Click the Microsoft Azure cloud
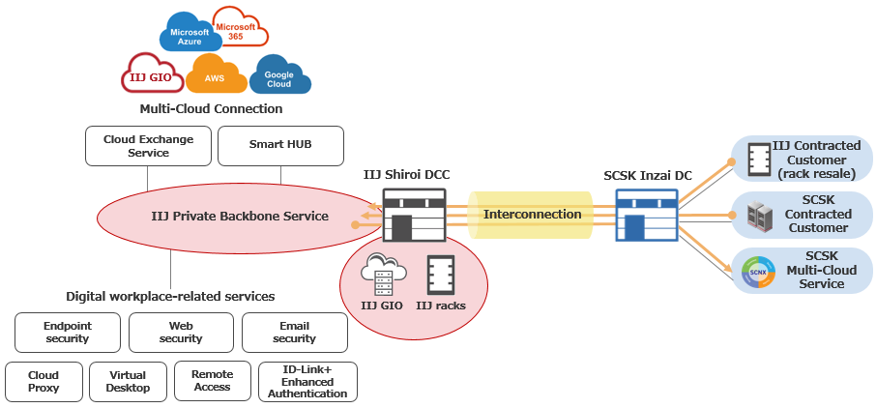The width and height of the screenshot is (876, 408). point(190,36)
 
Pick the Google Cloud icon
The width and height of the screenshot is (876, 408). point(279,76)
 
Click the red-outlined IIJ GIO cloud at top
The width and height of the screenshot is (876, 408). point(152,73)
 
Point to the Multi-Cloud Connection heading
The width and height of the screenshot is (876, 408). point(211,109)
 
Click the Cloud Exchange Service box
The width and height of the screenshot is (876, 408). point(148,146)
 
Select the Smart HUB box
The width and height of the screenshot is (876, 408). point(280,146)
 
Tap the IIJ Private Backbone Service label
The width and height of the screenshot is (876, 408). point(240,216)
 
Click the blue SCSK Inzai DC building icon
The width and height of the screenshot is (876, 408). point(646,216)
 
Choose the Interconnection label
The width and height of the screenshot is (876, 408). point(532,214)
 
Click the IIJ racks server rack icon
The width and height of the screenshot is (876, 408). point(441,275)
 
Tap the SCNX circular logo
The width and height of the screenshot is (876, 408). point(758,271)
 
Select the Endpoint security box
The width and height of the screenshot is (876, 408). point(68,333)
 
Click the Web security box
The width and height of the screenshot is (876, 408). point(181,333)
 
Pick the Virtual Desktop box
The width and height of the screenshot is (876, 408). point(128,381)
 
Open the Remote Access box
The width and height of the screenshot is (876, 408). point(212,381)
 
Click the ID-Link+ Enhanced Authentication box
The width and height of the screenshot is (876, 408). point(307,381)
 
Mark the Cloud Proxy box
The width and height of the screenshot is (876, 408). point(44,381)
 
